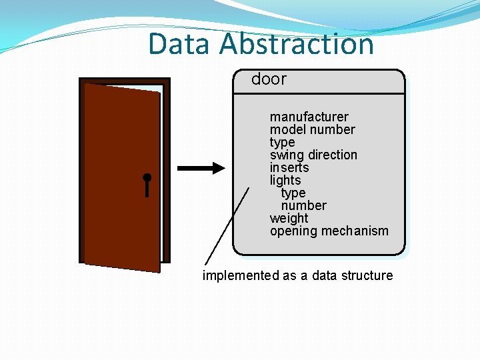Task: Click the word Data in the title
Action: [x=181, y=44]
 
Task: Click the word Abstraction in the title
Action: [x=296, y=44]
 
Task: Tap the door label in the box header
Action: [x=269, y=79]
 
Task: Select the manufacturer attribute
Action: [x=309, y=117]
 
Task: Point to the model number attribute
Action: [x=312, y=130]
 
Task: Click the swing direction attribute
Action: [x=313, y=155]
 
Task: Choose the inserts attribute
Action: [x=289, y=168]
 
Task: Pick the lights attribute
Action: [x=285, y=181]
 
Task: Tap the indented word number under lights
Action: [x=303, y=206]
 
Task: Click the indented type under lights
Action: [x=293, y=193]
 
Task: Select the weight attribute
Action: [x=289, y=219]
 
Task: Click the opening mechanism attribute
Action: [x=329, y=231]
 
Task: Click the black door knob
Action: [x=147, y=179]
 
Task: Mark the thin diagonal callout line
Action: [x=227, y=227]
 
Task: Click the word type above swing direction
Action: [x=282, y=143]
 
